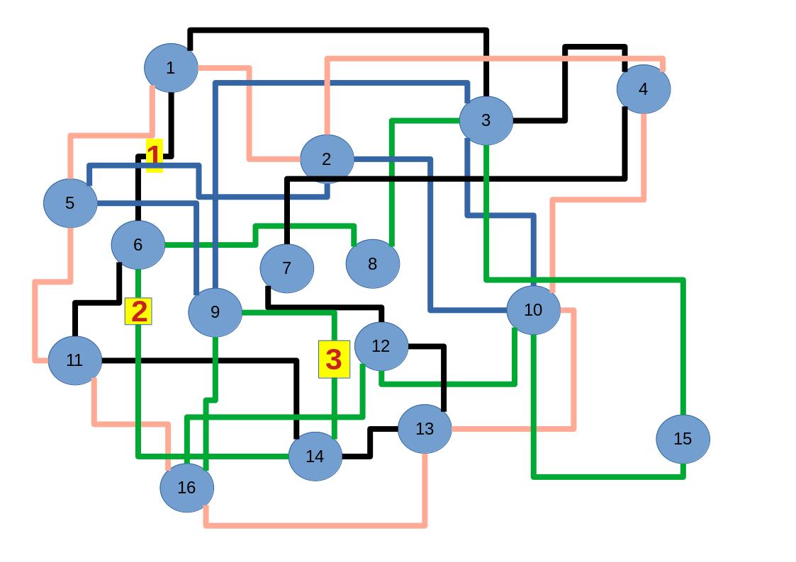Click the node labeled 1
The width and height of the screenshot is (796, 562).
click(170, 68)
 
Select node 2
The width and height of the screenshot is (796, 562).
click(327, 159)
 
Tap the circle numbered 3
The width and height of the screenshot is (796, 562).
click(486, 120)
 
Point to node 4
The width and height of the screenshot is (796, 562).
click(643, 89)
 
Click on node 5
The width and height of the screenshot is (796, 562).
click(69, 203)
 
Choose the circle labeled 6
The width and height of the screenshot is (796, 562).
click(138, 245)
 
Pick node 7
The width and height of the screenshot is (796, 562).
click(286, 268)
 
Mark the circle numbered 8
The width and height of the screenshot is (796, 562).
click(372, 264)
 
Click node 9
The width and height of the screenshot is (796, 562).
click(215, 312)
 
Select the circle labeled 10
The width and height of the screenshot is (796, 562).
click(533, 310)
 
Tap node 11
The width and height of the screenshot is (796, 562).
click(74, 360)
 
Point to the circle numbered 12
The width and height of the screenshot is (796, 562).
click(381, 346)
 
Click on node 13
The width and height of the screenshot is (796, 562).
click(424, 429)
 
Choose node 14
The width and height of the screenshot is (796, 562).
click(315, 457)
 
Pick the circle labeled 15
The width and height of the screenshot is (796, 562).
click(682, 439)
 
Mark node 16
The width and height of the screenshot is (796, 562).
click(186, 488)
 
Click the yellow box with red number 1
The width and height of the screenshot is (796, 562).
click(154, 156)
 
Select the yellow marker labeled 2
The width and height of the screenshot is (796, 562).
click(138, 311)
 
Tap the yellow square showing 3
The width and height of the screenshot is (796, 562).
click(334, 359)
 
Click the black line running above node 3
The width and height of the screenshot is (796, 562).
click(340, 30)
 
